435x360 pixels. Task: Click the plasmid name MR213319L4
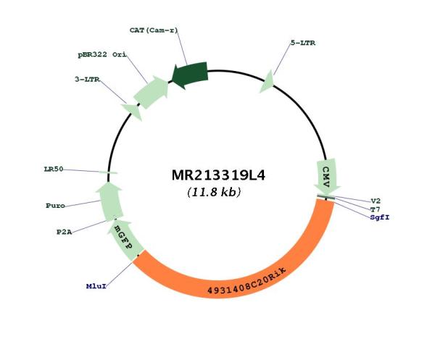pyautogui.click(x=218, y=175)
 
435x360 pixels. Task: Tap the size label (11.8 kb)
pyautogui.click(x=214, y=192)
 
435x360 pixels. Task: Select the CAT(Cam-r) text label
pyautogui.click(x=154, y=30)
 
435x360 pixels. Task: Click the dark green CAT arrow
pyautogui.click(x=190, y=75)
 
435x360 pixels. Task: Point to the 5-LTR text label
pyautogui.click(x=302, y=43)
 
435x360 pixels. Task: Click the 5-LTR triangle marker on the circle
pyautogui.click(x=268, y=82)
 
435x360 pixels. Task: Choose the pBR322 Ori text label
pyautogui.click(x=101, y=54)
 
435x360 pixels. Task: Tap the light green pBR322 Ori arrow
pyautogui.click(x=152, y=92)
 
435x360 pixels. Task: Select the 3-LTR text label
pyautogui.click(x=87, y=80)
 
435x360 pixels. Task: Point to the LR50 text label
pyautogui.click(x=54, y=169)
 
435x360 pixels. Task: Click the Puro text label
pyautogui.click(x=56, y=206)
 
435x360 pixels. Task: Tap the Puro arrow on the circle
pyautogui.click(x=110, y=201)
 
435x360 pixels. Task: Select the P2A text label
pyautogui.click(x=64, y=233)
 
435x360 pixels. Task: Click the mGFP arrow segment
pyautogui.click(x=125, y=240)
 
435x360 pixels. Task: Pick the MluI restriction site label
pyautogui.click(x=96, y=286)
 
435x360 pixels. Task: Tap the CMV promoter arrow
pyautogui.click(x=327, y=176)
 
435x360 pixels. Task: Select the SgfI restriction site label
pyautogui.click(x=380, y=217)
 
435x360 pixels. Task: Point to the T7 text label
pyautogui.click(x=376, y=209)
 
